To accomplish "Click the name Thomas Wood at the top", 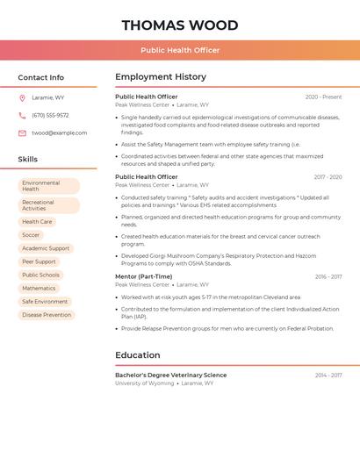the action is pyautogui.click(x=180, y=25).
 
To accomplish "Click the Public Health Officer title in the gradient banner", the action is pyautogui.click(x=180, y=50).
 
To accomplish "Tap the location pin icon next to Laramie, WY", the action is pyautogui.click(x=22, y=97).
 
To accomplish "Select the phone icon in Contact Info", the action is pyautogui.click(x=22, y=115).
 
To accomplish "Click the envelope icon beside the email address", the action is pyautogui.click(x=22, y=133).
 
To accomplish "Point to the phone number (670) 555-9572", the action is pyautogui.click(x=50, y=115).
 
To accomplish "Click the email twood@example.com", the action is pyautogui.click(x=59, y=133).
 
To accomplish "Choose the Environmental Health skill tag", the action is pyautogui.click(x=48, y=186).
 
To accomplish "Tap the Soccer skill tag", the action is pyautogui.click(x=31, y=235).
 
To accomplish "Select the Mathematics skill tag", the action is pyautogui.click(x=39, y=288).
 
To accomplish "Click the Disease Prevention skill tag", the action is pyautogui.click(x=47, y=315).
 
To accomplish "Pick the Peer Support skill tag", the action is pyautogui.click(x=39, y=261).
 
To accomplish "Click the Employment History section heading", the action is pyautogui.click(x=161, y=77).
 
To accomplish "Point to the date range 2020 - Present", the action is pyautogui.click(x=323, y=97).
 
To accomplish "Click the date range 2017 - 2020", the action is pyautogui.click(x=328, y=177).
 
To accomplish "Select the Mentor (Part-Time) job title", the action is pyautogui.click(x=144, y=276).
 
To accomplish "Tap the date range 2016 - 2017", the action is pyautogui.click(x=328, y=276).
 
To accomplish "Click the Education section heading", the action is pyautogui.click(x=138, y=355).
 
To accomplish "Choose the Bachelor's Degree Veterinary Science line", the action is pyautogui.click(x=170, y=375).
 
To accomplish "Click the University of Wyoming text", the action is pyautogui.click(x=144, y=383).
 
